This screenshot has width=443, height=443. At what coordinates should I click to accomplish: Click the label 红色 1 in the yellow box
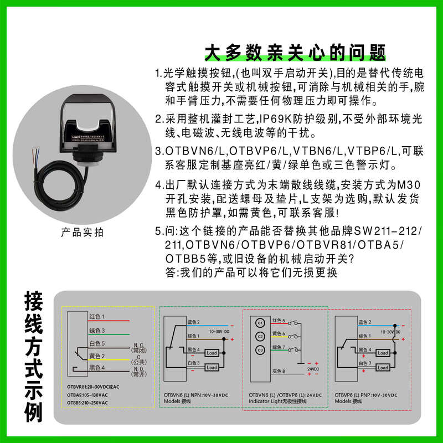tap(97, 316)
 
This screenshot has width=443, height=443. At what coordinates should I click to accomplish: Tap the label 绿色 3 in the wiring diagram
tap(97, 331)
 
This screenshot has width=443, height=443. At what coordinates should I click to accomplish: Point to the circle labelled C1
tap(259, 323)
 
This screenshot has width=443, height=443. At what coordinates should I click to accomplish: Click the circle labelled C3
tap(259, 350)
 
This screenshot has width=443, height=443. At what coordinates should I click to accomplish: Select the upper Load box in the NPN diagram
tap(211, 353)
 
